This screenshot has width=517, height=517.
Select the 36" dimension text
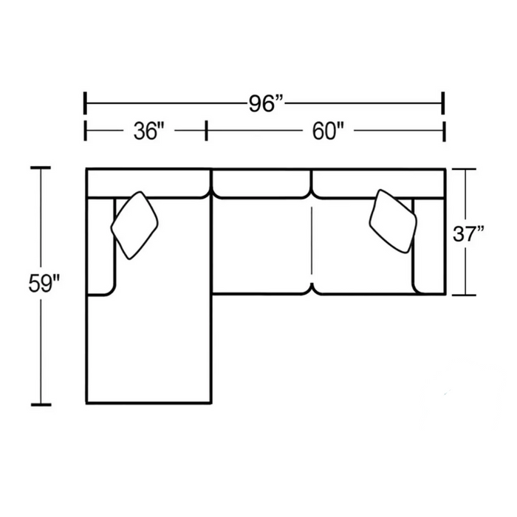pos(148,131)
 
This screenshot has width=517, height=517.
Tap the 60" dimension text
pos(329,131)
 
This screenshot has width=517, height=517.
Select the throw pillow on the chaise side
pos(135,225)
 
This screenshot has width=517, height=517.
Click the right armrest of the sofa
pos(428,244)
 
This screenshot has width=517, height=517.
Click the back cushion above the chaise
pos(148,183)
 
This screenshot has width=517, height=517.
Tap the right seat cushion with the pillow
pos(362,251)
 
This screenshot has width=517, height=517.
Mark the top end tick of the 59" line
pos(41,168)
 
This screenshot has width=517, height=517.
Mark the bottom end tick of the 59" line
pos(41,405)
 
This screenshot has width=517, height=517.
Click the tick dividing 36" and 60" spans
pos(206,130)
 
